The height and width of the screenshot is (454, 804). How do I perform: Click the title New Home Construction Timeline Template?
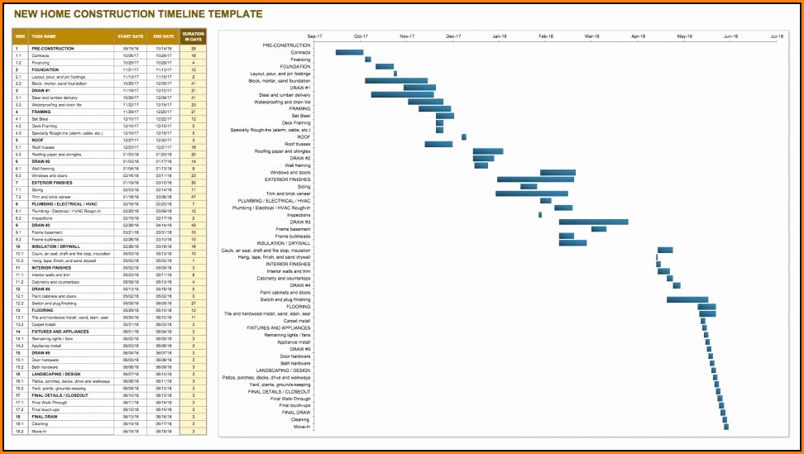[x=139, y=14]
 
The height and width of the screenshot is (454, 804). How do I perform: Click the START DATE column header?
[x=130, y=36]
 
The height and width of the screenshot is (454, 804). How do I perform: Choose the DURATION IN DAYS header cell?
[x=193, y=36]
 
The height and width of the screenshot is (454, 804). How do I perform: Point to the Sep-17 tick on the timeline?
[x=314, y=36]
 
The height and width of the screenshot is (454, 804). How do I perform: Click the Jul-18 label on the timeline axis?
[x=777, y=36]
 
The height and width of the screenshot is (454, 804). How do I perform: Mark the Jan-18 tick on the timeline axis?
[x=500, y=36]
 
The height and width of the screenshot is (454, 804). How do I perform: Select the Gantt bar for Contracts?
[x=348, y=52]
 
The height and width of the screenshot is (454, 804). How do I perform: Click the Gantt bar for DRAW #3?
[x=593, y=222]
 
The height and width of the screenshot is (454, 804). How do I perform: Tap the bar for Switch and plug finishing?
[x=687, y=299]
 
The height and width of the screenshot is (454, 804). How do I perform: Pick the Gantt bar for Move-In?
[x=726, y=427]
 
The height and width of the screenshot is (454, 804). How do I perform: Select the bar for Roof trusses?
[x=438, y=144]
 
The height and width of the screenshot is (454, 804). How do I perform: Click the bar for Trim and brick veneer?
[x=532, y=194]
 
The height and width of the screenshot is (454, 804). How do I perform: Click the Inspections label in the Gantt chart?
[x=298, y=215]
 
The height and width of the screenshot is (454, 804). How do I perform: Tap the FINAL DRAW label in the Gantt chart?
[x=296, y=413]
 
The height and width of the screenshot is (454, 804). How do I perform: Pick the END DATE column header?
[x=163, y=36]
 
